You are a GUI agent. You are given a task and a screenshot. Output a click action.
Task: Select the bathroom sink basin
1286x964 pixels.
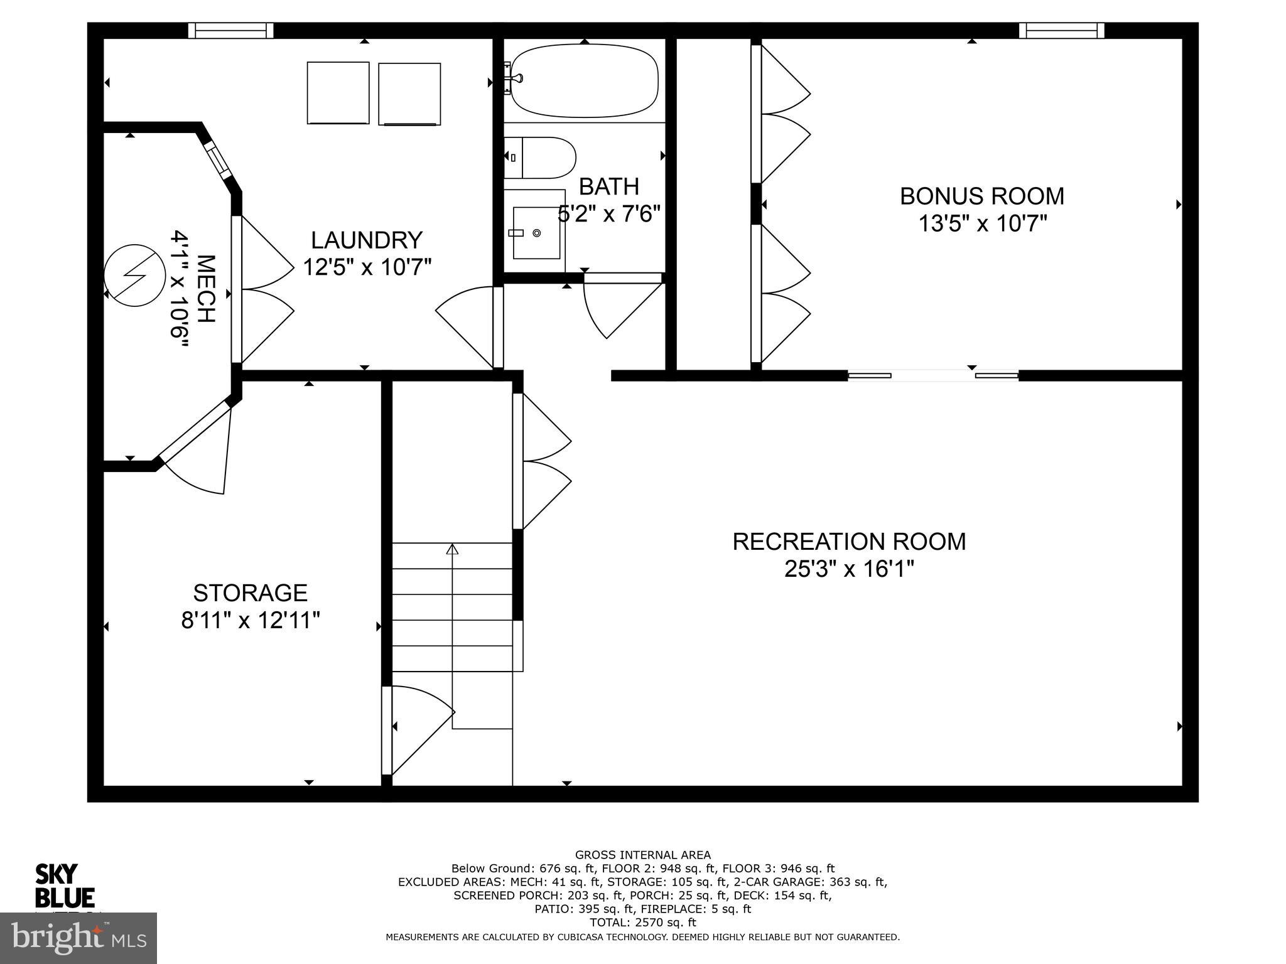click(536, 233)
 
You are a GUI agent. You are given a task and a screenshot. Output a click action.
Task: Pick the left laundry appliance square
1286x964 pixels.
click(338, 93)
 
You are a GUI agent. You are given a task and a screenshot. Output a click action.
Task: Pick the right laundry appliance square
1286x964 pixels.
click(409, 94)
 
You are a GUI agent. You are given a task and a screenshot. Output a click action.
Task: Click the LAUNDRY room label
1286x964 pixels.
click(367, 240)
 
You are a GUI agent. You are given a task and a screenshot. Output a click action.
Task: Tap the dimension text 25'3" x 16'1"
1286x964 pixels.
click(849, 569)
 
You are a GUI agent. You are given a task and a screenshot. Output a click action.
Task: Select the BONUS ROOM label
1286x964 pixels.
click(982, 196)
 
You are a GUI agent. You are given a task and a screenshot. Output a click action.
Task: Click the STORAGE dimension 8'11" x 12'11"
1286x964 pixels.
click(251, 621)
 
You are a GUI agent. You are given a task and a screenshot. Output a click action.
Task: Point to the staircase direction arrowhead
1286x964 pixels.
click(452, 549)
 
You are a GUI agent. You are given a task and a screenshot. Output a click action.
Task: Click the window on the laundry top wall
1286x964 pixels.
click(231, 30)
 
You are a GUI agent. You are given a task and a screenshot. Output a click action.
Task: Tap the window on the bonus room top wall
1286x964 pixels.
click(1061, 30)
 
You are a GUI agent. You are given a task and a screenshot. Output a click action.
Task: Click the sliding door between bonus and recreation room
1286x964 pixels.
click(933, 376)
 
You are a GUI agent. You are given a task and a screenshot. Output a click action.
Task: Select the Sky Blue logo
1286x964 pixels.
click(65, 886)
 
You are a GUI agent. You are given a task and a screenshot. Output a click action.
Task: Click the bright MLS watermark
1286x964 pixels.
click(78, 938)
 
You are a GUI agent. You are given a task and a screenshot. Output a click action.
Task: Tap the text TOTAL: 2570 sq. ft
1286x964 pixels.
click(642, 923)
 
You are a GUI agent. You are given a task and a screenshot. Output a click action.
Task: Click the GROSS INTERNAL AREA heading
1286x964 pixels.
click(642, 855)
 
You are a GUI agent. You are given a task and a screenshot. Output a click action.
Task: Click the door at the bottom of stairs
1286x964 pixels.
click(418, 731)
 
